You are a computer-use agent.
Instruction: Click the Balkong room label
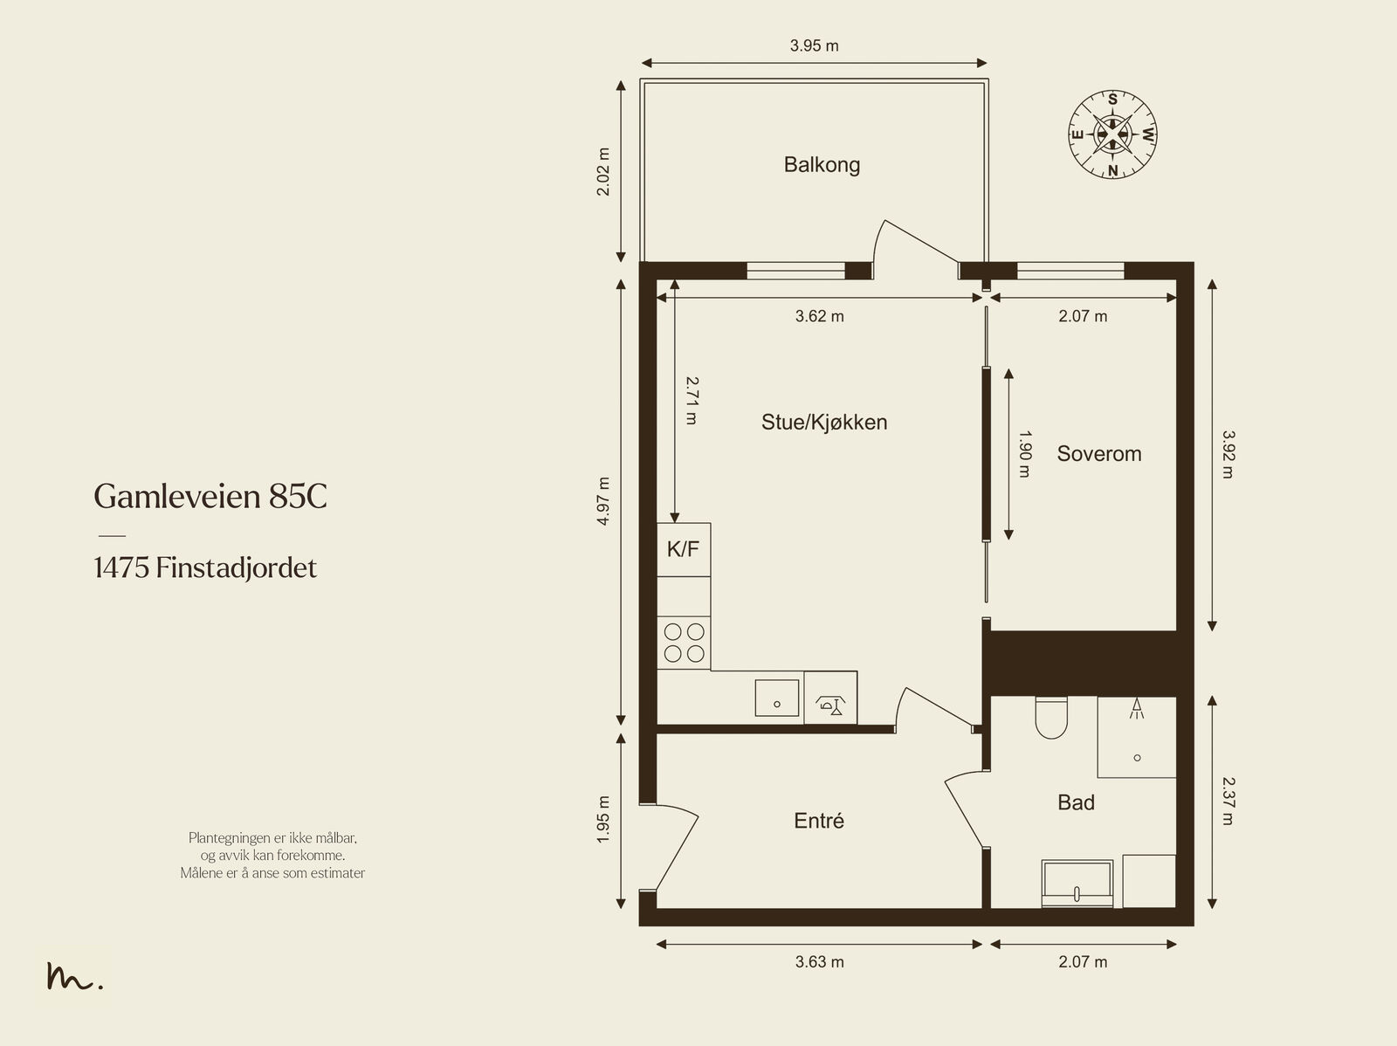pyautogui.click(x=822, y=165)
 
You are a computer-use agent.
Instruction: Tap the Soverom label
pyautogui.click(x=1099, y=454)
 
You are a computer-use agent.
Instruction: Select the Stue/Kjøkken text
pyautogui.click(x=824, y=422)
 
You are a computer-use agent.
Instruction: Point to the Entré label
pyautogui.click(x=819, y=820)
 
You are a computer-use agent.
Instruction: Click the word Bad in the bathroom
pyautogui.click(x=1077, y=802)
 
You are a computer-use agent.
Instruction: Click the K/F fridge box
pyautogui.click(x=684, y=550)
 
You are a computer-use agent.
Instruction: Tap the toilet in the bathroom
pyautogui.click(x=1051, y=718)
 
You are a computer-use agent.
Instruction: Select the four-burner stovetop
pyautogui.click(x=685, y=643)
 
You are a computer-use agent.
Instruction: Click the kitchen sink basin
pyautogui.click(x=776, y=698)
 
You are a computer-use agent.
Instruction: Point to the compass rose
pyautogui.click(x=1112, y=134)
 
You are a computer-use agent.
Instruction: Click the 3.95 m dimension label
pyautogui.click(x=814, y=45)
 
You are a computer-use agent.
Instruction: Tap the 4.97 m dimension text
pyautogui.click(x=603, y=501)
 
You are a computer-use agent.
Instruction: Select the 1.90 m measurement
pyautogui.click(x=1025, y=454)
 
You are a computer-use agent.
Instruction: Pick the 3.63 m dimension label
pyautogui.click(x=819, y=962)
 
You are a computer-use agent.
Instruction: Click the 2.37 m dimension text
pyautogui.click(x=1228, y=801)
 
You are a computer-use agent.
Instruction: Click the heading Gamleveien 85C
pyautogui.click(x=210, y=496)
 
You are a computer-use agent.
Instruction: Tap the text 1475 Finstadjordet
pyautogui.click(x=205, y=568)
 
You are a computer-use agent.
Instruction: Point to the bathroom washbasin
pyautogui.click(x=1077, y=884)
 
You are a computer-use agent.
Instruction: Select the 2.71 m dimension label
pyautogui.click(x=692, y=401)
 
